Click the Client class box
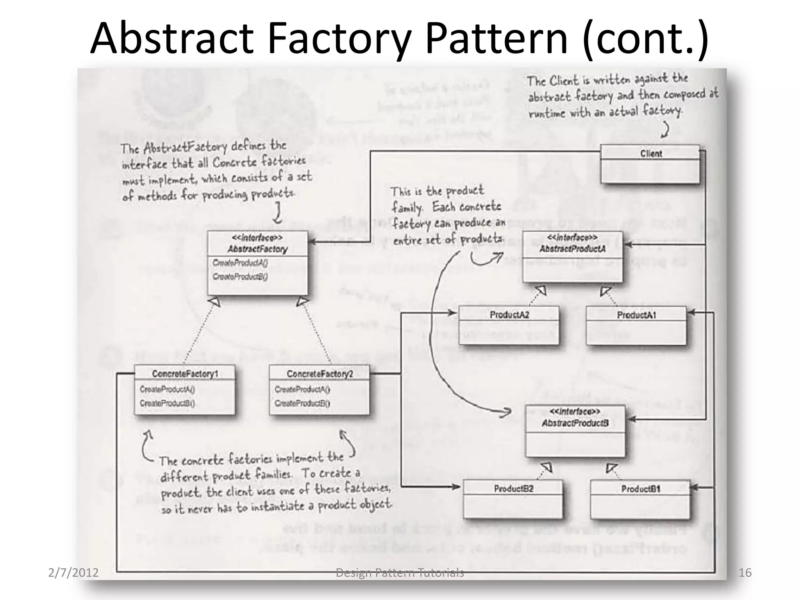click(650, 164)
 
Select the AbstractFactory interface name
click(257, 249)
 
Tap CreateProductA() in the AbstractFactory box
click(240, 263)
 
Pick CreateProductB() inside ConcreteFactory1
click(167, 403)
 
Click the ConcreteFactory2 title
click(320, 374)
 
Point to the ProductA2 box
click(509, 325)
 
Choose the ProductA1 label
click(636, 315)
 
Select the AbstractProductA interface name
click(573, 248)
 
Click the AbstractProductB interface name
click(575, 423)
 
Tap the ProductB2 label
click(513, 489)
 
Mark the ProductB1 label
click(641, 489)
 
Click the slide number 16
click(745, 573)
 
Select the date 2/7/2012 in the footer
click(73, 573)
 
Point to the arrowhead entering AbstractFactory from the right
click(312, 242)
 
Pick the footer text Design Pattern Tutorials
click(400, 573)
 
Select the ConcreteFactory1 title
click(185, 374)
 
